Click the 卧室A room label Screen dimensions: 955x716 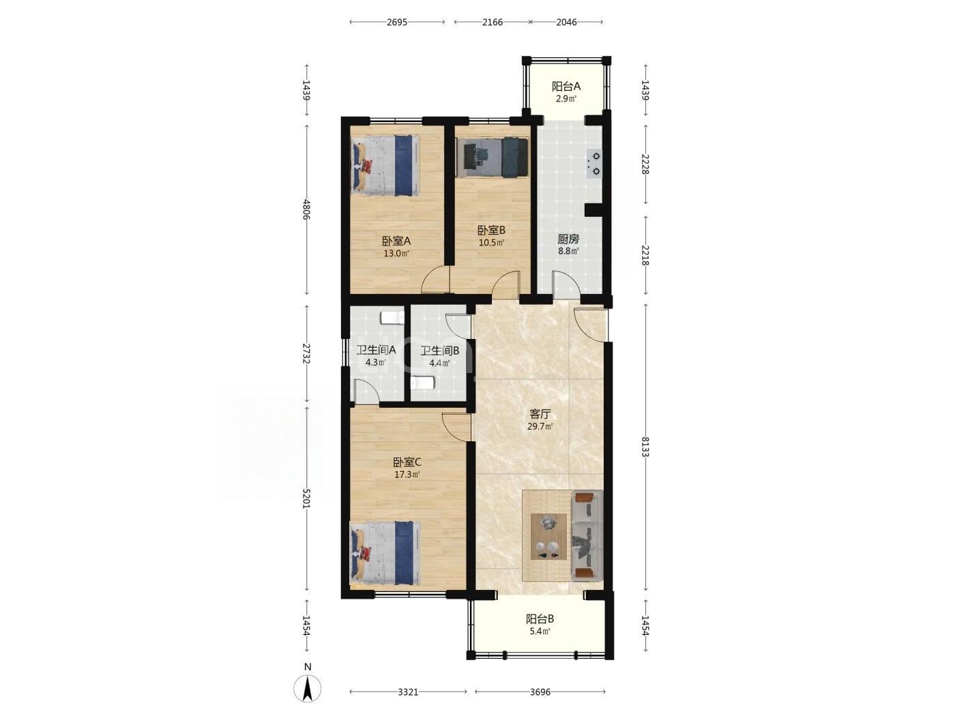click(396, 241)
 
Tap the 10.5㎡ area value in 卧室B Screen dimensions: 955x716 click(491, 243)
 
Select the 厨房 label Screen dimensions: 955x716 click(568, 239)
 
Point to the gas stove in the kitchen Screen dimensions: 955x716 click(594, 164)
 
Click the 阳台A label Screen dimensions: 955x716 click(566, 86)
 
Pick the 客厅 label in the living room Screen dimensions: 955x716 click(540, 414)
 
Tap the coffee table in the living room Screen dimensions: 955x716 click(548, 537)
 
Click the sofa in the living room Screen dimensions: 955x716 click(587, 535)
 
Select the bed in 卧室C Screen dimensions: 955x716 click(385, 554)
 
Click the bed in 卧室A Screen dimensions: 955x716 click(385, 166)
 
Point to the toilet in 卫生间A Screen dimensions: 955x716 click(392, 318)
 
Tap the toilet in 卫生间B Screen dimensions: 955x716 click(422, 383)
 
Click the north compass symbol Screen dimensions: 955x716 click(308, 688)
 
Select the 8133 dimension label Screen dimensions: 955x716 click(645, 447)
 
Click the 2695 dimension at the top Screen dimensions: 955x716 click(397, 23)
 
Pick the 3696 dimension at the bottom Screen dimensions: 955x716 click(540, 692)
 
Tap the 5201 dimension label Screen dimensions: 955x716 click(307, 498)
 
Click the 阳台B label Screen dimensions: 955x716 click(540, 618)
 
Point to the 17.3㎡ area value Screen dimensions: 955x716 click(407, 475)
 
